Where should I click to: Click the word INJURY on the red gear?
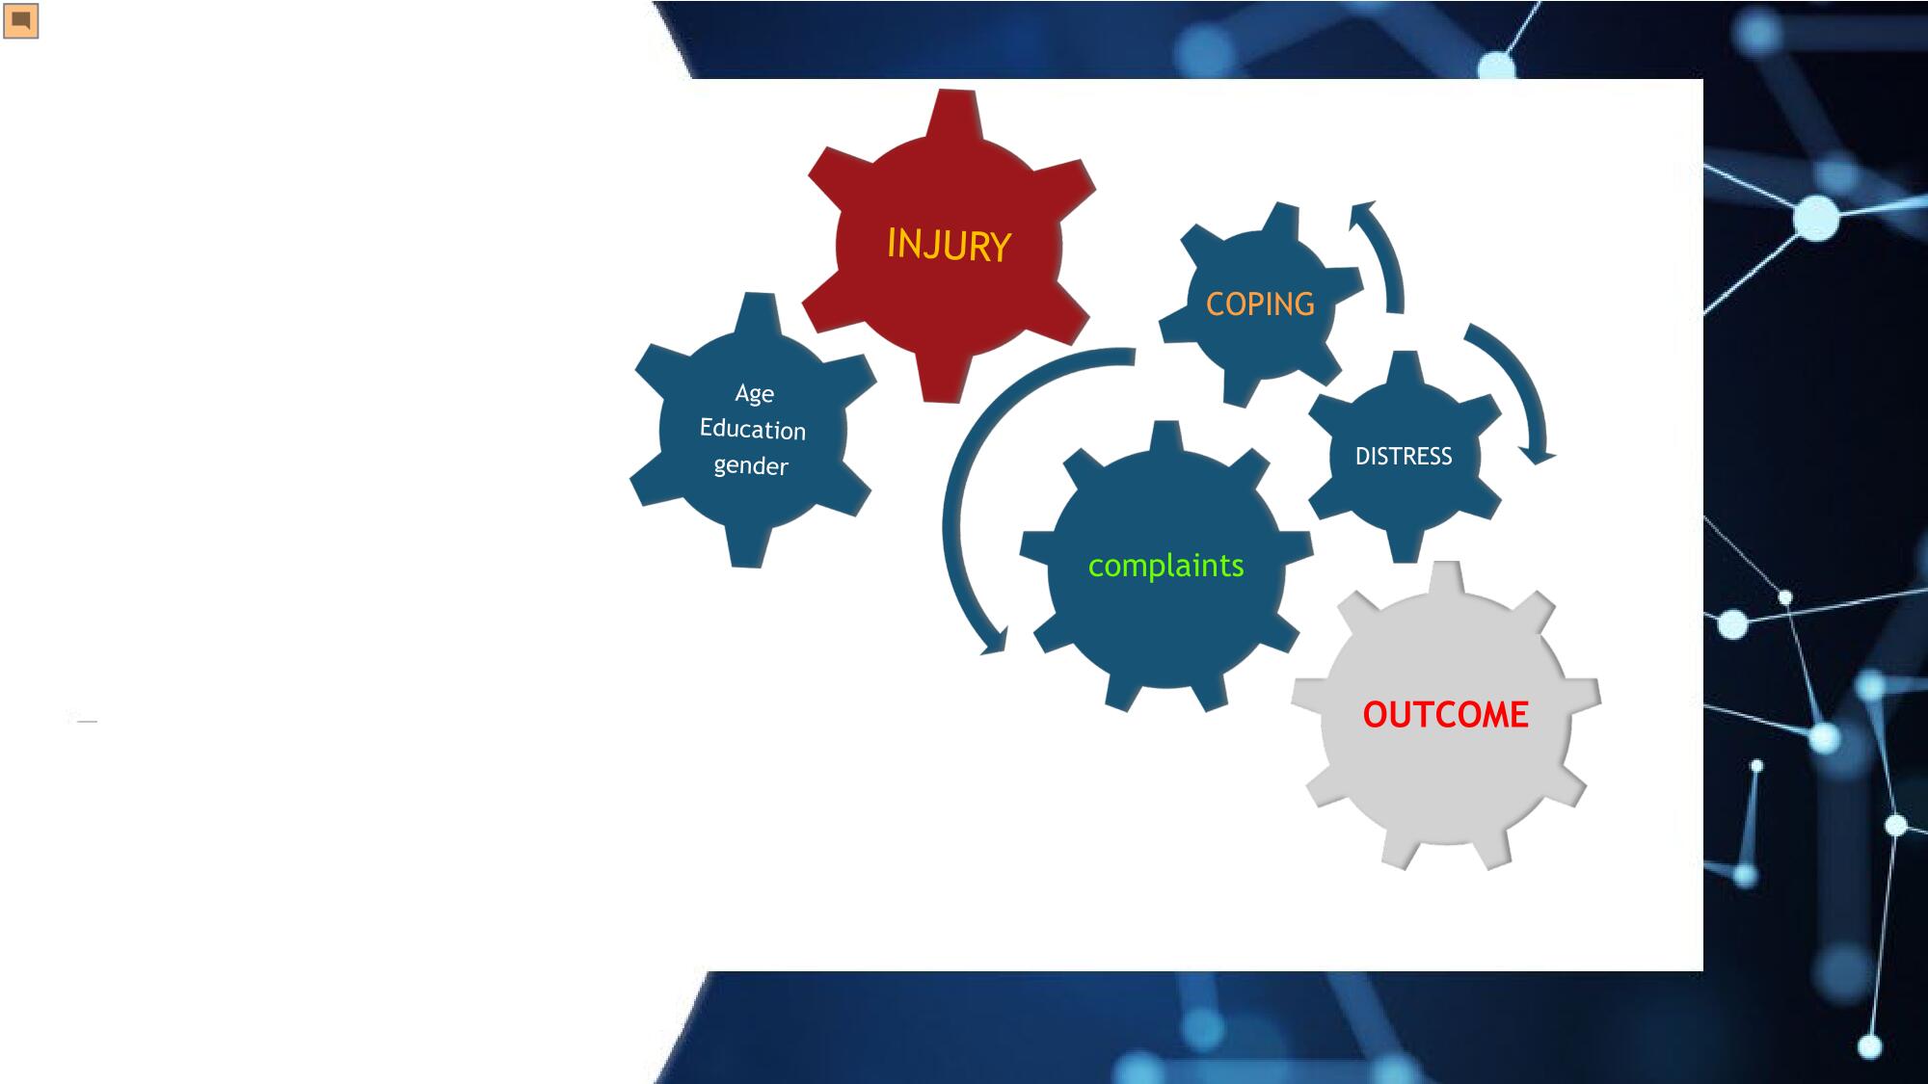(x=949, y=245)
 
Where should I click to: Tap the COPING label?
(x=1260, y=304)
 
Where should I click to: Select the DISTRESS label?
(x=1404, y=456)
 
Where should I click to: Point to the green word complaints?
(x=1165, y=566)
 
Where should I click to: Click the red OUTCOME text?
(x=1445, y=715)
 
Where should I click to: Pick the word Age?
(x=754, y=394)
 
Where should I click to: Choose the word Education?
(x=752, y=429)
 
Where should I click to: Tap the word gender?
(x=751, y=466)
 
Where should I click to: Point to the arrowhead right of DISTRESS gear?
(x=1537, y=454)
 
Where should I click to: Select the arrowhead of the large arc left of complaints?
(x=995, y=642)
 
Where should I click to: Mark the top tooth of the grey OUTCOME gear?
(x=1445, y=580)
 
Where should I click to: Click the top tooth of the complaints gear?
(x=1166, y=437)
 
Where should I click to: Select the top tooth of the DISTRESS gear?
(x=1406, y=367)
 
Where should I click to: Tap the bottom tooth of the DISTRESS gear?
(x=1406, y=546)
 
